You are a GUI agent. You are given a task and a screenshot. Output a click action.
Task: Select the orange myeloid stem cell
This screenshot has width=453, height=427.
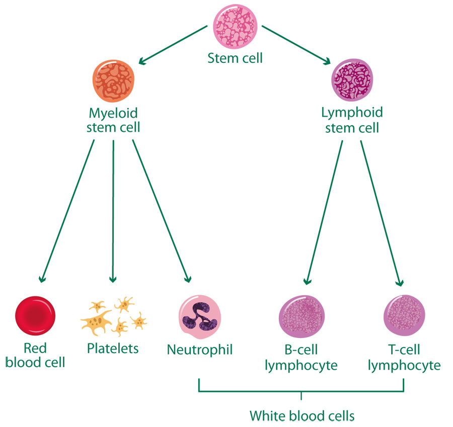click(x=114, y=80)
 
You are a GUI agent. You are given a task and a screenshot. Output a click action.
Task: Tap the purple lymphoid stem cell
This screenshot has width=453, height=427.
click(x=352, y=81)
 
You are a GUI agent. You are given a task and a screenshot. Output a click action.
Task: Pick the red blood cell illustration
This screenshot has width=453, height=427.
click(x=35, y=316)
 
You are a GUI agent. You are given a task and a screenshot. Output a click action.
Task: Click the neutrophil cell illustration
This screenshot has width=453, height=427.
click(x=199, y=316)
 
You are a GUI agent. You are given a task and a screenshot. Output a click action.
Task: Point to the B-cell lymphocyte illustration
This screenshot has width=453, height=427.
click(x=301, y=316)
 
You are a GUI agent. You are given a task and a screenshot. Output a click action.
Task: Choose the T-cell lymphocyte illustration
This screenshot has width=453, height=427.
click(x=405, y=316)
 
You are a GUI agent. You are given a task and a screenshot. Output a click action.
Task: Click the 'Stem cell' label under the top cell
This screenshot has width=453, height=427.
click(x=235, y=58)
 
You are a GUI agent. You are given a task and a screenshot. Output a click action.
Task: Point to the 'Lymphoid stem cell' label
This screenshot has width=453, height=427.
click(x=352, y=119)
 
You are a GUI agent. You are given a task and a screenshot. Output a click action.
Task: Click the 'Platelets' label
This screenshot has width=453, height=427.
click(x=113, y=348)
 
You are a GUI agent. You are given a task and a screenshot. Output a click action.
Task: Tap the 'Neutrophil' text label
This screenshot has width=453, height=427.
click(x=200, y=349)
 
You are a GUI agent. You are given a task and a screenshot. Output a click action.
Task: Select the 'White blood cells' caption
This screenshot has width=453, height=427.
click(x=302, y=416)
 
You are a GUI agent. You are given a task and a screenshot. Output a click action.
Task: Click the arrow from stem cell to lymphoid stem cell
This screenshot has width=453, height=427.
click(x=297, y=44)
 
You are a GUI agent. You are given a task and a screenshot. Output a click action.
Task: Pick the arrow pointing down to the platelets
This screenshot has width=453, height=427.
click(x=113, y=211)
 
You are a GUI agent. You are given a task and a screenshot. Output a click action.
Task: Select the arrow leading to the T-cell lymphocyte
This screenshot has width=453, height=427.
click(x=382, y=211)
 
